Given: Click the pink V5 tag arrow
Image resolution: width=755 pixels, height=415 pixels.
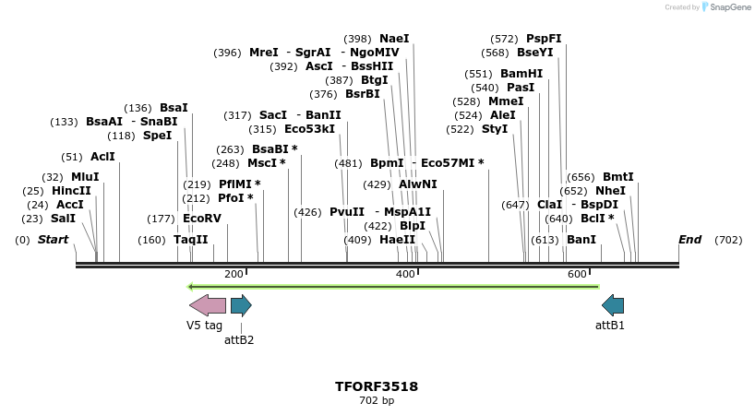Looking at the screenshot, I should [207, 305].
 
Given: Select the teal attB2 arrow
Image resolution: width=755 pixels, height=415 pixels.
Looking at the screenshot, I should [241, 305].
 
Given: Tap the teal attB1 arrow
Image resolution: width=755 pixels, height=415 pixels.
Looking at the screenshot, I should [613, 305].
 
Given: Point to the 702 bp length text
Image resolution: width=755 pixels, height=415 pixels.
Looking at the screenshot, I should [377, 400].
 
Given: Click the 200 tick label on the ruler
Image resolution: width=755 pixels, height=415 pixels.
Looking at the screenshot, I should [234, 274].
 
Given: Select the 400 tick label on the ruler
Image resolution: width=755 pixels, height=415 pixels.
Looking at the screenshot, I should [405, 274].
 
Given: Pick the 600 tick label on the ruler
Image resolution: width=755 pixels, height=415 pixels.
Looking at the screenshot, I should [577, 274].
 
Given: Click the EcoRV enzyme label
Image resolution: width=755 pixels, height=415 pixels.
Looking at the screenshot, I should [202, 219].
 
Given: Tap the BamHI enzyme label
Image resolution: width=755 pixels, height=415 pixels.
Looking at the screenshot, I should [521, 74].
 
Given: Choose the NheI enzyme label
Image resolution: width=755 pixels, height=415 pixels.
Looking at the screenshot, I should [610, 191].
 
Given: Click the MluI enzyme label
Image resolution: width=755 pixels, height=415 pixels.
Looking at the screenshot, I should [85, 177].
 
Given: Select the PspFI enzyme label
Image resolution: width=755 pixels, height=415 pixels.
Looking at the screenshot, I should [544, 39].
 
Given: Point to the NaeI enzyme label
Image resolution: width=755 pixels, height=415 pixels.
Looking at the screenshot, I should [394, 39].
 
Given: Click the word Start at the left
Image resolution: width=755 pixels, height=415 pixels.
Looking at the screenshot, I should [53, 240].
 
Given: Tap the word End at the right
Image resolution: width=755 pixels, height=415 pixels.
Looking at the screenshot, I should [689, 240].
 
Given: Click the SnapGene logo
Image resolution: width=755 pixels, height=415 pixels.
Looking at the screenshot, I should [726, 7].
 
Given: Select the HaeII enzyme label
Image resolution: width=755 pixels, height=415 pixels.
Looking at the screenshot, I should [397, 240].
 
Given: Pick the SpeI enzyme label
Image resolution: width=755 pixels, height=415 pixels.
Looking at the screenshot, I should [157, 136].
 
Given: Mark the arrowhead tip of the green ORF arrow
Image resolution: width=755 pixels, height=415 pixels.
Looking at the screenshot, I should [190, 287].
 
